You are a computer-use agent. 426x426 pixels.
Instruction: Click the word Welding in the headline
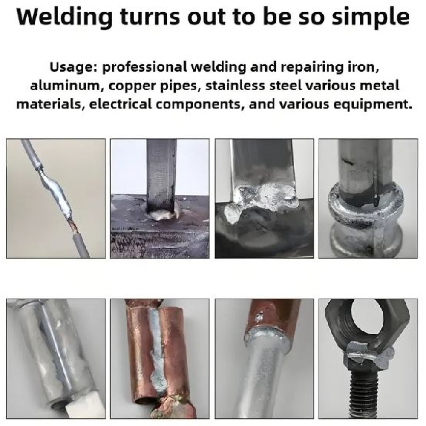tap(65, 17)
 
